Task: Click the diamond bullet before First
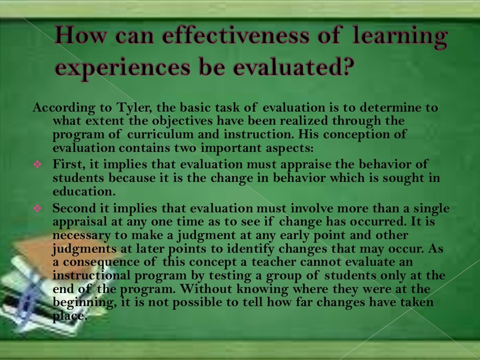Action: (x=38, y=165)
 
